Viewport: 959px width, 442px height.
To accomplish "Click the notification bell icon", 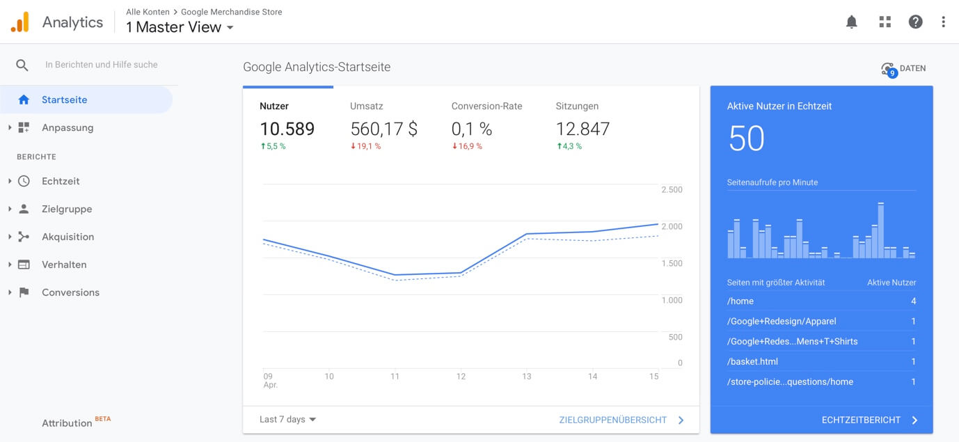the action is coord(852,22).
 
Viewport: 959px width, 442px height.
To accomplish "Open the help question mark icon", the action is coord(915,22).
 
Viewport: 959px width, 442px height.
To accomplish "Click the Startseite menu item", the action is coord(64,100).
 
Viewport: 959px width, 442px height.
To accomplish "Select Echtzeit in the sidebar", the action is coord(61,181).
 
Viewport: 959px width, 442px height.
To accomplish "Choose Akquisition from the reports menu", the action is coord(68,237).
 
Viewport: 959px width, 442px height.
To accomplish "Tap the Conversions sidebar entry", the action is coord(71,292).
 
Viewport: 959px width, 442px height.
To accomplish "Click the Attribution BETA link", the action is coord(77,422).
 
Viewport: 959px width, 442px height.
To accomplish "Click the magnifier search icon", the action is coord(22,65).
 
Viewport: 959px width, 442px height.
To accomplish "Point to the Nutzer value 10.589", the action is coord(287,129).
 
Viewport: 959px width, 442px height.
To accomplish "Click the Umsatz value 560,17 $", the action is coord(383,129).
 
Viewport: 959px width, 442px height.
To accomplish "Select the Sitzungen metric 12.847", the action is coord(582,129).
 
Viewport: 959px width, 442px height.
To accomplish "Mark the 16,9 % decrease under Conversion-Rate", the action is coord(467,146).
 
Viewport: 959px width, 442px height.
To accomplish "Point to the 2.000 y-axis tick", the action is coord(672,226).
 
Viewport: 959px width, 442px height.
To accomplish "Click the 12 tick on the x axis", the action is coord(461,377).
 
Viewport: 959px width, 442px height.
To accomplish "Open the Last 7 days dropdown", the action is coord(287,419).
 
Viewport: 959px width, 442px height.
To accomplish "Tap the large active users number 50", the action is coord(746,139).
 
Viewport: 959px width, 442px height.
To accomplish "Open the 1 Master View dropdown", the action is coord(180,27).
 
